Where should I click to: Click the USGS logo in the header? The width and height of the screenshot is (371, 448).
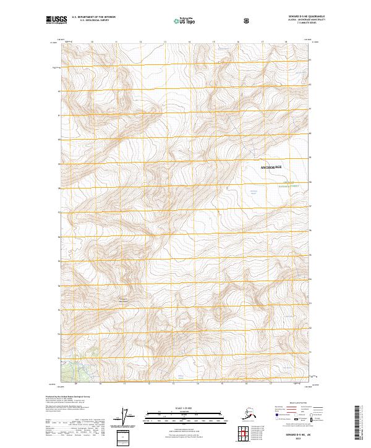click(58, 20)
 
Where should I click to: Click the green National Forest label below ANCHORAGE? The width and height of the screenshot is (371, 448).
click(289, 184)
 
